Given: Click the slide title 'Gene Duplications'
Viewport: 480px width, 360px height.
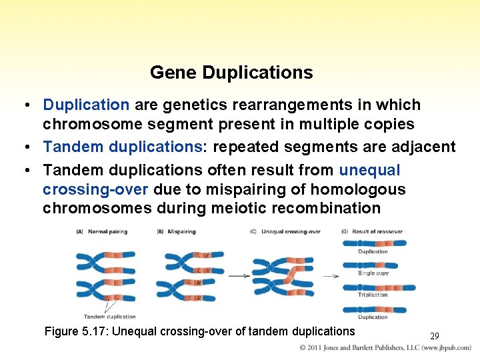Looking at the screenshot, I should point(231,72).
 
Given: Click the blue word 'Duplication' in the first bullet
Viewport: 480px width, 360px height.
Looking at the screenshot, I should point(86,105).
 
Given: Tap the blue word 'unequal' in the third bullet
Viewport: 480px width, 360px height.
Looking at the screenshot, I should point(369,170).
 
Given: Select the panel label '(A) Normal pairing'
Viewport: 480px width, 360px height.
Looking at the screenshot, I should point(101,232).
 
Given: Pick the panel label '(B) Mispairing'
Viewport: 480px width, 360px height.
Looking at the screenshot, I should point(176,232).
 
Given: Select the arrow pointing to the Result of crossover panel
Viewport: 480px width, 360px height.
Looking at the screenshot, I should point(331,275).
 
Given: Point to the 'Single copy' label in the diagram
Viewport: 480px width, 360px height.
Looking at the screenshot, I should point(373,273).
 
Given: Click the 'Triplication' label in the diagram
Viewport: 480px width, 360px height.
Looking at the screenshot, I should point(373,294).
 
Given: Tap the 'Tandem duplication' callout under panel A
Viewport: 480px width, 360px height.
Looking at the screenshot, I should point(109,316).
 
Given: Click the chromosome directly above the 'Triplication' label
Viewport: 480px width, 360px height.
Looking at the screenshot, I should point(378,287).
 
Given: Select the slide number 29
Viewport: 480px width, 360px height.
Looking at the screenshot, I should point(434,336).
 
